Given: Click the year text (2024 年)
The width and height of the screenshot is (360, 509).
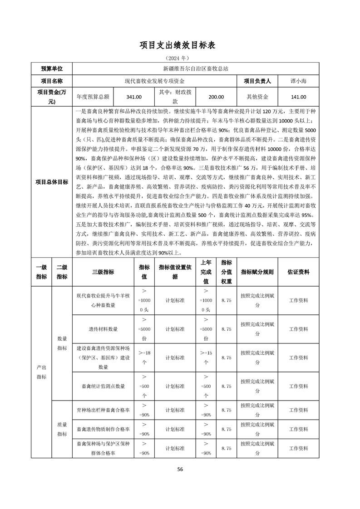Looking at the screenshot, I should click(180, 59).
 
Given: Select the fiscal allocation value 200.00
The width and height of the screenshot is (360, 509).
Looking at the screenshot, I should click(216, 97).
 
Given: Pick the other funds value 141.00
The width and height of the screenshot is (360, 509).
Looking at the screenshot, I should click(298, 97).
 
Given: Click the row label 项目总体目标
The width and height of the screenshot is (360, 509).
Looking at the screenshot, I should click(52, 182).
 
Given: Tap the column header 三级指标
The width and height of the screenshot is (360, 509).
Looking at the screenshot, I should click(103, 272).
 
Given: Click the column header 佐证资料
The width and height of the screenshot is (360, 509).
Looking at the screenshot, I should click(298, 272).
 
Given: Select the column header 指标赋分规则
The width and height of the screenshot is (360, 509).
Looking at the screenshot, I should click(257, 272).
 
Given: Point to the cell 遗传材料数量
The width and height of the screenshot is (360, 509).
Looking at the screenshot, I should click(103, 329).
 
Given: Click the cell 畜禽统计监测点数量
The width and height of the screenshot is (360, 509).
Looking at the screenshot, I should click(103, 386).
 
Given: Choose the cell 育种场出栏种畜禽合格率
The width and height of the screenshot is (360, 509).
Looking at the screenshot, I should click(103, 410).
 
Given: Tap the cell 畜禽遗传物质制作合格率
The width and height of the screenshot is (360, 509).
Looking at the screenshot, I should click(103, 429).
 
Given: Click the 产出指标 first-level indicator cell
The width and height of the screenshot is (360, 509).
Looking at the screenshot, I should click(41, 372).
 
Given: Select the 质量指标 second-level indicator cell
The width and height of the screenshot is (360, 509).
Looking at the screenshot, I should click(62, 429).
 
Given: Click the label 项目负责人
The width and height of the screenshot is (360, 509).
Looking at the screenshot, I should click(257, 81).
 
